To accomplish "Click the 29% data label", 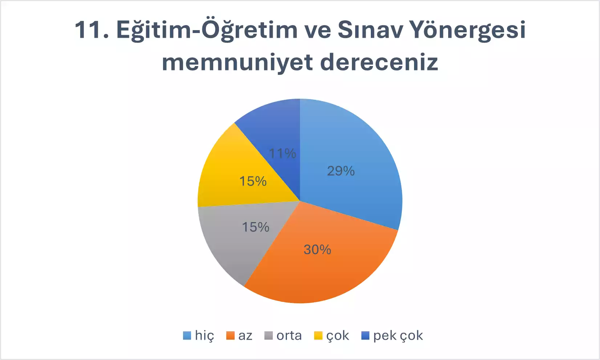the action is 341,171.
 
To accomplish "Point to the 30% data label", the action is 317,249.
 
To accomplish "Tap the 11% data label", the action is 283,154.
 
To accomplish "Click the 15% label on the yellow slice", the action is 253,181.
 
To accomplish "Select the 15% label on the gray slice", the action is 256,227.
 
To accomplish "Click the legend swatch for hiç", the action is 187,335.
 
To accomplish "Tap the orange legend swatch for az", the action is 230,335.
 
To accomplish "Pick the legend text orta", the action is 289,336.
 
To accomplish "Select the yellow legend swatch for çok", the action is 318,335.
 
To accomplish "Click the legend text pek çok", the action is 398,336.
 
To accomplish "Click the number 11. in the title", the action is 92,30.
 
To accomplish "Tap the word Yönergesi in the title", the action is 468,31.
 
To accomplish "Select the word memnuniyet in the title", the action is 237,63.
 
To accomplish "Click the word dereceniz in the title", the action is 379,62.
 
